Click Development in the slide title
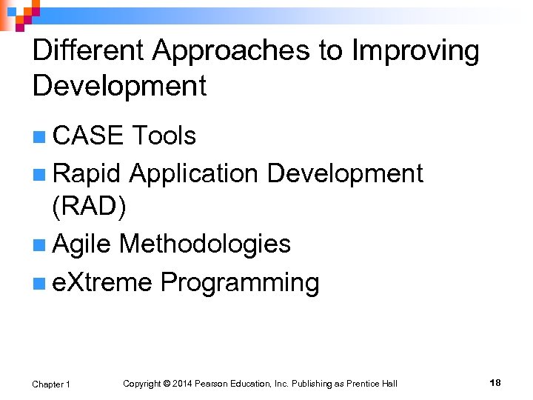point(119,87)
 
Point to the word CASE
point(88,136)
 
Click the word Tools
point(164,136)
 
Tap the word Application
point(194,173)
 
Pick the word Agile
point(82,244)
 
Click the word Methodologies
point(205,244)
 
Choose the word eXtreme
point(103,282)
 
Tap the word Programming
point(240,282)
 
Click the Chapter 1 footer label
point(51,384)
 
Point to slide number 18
point(495,383)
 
